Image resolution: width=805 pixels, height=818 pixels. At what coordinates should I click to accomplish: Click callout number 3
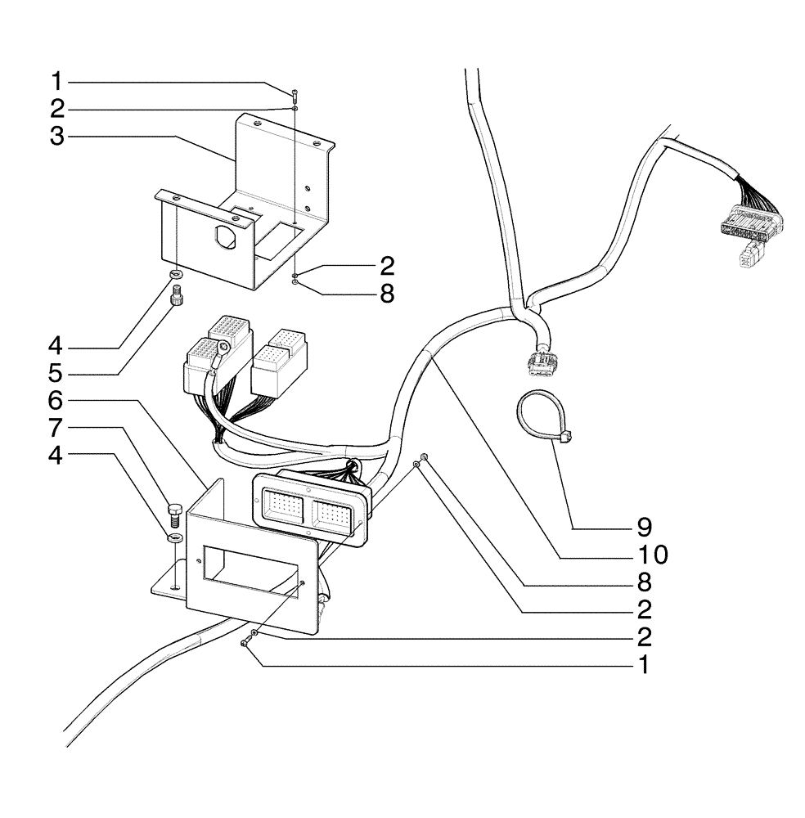[56, 136]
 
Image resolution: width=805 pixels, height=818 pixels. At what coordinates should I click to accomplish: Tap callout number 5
[56, 374]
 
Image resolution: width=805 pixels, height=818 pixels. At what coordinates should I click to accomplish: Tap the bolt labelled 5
[174, 301]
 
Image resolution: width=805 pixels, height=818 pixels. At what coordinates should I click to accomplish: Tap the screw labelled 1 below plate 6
[245, 645]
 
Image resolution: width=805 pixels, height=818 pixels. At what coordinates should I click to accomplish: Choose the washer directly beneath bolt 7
[173, 537]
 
